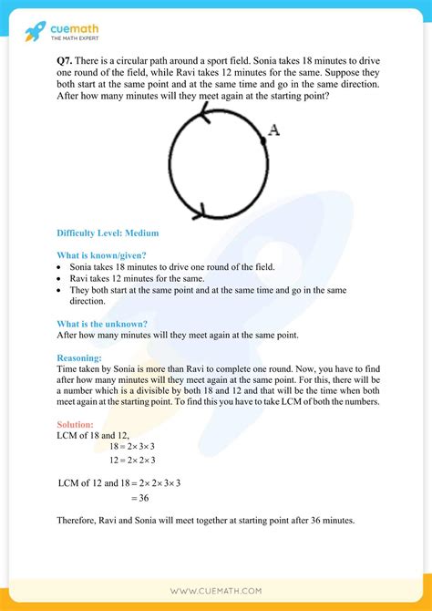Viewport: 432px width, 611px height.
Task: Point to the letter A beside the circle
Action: tap(273, 130)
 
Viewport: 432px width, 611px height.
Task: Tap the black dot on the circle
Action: tap(262, 139)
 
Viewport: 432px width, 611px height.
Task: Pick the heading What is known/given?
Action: tap(101, 255)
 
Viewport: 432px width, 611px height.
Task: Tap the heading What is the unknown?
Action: tap(101, 324)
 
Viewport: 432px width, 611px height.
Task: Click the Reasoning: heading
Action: tap(79, 357)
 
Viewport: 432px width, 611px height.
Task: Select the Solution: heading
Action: tap(75, 426)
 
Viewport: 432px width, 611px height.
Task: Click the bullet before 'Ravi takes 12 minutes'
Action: tap(59, 278)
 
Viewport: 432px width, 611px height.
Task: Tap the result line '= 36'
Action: tap(139, 499)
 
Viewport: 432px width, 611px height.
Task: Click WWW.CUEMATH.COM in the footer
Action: tap(216, 591)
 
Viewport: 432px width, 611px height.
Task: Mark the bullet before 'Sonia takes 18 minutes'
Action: tap(59, 267)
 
